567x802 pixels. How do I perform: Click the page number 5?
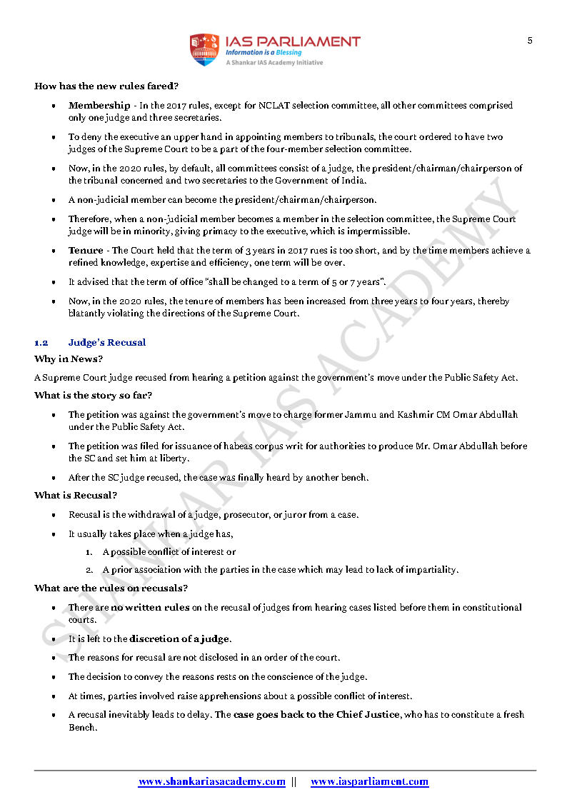coord(530,41)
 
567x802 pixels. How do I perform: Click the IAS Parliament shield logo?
coord(204,49)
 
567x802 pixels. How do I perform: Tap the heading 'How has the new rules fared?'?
coord(106,86)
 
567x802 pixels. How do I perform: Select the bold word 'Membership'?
coord(99,106)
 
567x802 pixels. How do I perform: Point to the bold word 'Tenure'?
coord(86,251)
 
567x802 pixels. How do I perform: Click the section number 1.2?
coord(41,343)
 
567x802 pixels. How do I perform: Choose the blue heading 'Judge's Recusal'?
coord(107,343)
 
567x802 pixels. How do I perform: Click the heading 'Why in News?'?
coord(69,359)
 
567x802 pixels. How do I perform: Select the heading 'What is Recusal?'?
coord(76,495)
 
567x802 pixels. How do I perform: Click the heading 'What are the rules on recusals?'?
coord(111,588)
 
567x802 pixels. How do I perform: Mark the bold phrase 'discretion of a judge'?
coord(180,639)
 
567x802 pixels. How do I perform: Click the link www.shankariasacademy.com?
coord(211,782)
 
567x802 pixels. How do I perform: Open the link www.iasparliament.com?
coord(369,782)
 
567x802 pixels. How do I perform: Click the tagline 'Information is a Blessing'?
coord(264,53)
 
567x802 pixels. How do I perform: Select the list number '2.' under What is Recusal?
coord(90,570)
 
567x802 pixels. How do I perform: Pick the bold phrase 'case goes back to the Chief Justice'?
coord(316,715)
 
